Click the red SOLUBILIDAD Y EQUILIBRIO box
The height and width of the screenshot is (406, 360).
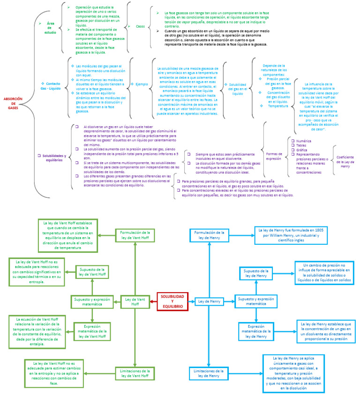[172, 301]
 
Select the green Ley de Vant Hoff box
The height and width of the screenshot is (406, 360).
[135, 301]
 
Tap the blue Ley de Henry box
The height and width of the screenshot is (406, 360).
[209, 301]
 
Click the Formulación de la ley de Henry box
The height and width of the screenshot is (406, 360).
[209, 235]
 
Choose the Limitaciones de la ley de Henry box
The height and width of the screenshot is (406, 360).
[209, 373]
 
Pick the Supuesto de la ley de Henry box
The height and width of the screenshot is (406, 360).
[256, 274]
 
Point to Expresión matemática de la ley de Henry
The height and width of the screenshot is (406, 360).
[256, 330]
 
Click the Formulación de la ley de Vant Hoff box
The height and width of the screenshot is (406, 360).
[135, 235]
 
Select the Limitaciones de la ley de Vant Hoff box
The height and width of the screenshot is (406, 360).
[135, 374]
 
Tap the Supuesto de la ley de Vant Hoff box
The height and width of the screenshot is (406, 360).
[91, 272]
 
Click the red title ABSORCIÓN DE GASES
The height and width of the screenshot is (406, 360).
[13, 103]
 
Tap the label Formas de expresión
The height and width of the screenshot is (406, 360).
[274, 156]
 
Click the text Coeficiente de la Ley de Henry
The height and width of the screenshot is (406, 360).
[345, 161]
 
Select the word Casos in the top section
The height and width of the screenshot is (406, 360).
[140, 26]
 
